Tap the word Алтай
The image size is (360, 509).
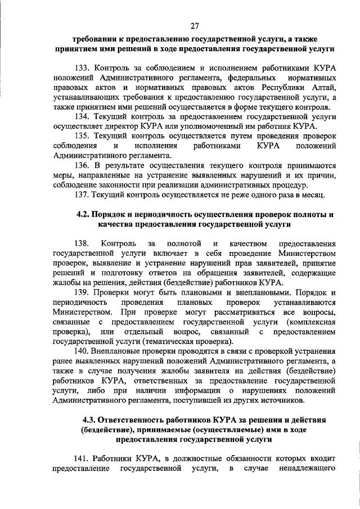coord(322,88)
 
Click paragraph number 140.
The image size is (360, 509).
coord(82,352)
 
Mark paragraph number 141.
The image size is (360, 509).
coord(82,458)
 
